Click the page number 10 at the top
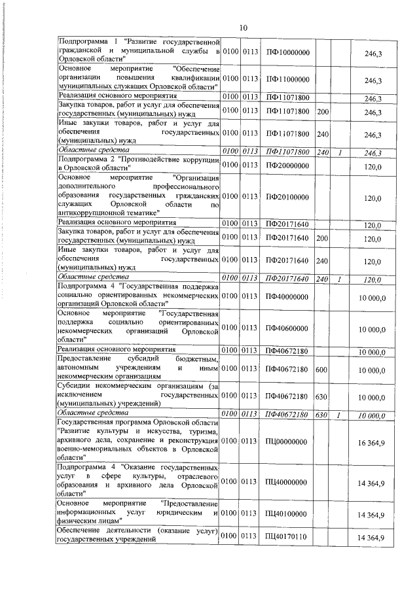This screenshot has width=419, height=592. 244,27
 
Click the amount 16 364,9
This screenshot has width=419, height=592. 371,444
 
